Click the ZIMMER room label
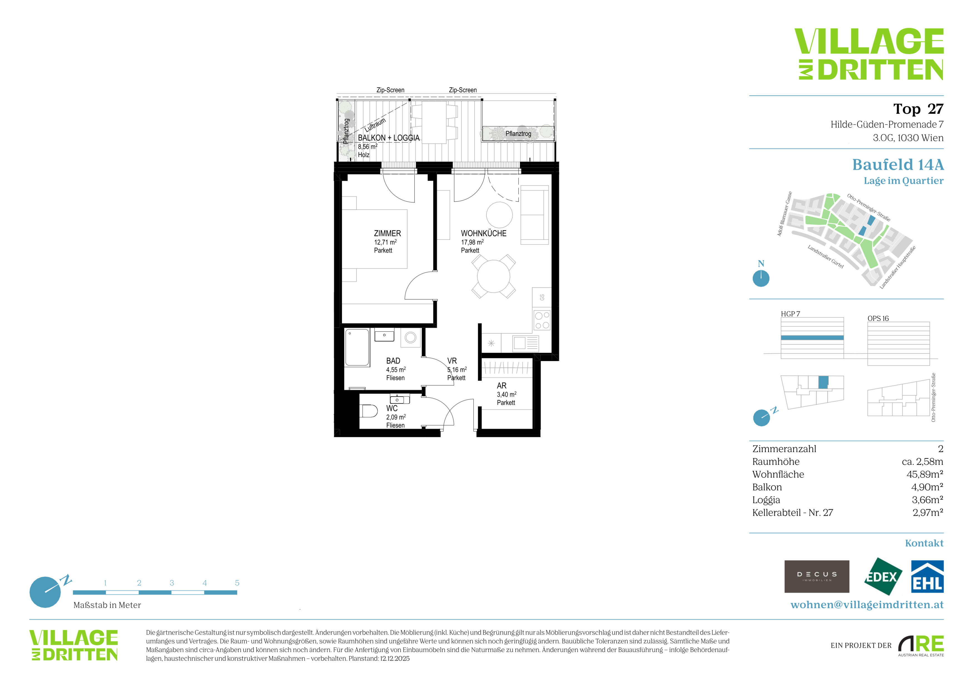tap(387, 234)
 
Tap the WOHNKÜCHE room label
tap(483, 234)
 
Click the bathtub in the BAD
tap(357, 347)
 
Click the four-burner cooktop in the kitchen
tap(542, 320)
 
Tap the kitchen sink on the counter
tap(525, 343)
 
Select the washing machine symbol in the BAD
tap(410, 338)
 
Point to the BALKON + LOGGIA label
tap(389, 138)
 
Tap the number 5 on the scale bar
tap(237, 583)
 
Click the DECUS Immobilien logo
tap(817, 577)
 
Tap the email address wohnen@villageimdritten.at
tap(867, 605)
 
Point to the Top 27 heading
tap(918, 109)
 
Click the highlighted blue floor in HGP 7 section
tap(812, 338)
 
